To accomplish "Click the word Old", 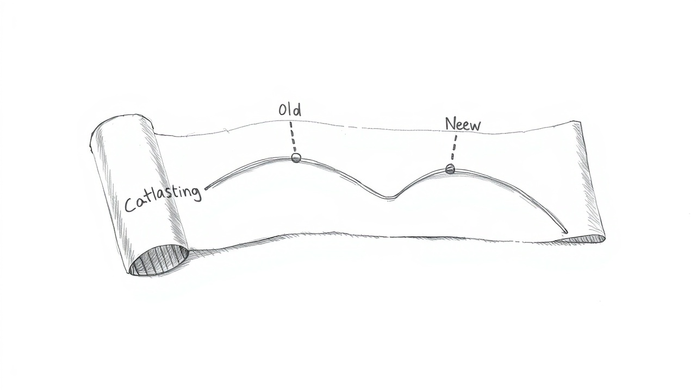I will click(289, 110).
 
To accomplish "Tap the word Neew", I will click(463, 124).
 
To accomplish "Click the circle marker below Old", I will click(296, 157).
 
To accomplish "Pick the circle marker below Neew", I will click(450, 169).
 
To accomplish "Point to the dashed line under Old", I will click(293, 137).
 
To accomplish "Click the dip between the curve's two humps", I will click(388, 197).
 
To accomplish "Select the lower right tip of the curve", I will click(565, 232).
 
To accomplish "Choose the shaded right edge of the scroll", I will click(590, 179).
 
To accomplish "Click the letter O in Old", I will click(283, 111).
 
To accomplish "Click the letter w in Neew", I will click(475, 125).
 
